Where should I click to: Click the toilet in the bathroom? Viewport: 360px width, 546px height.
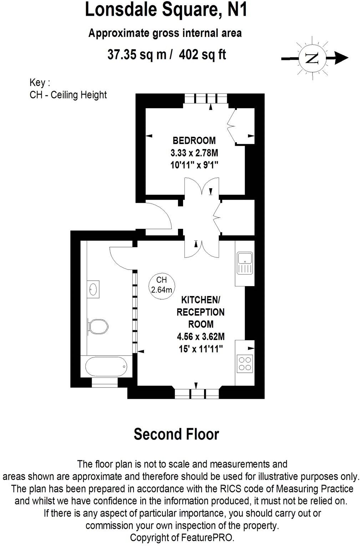click(98, 326)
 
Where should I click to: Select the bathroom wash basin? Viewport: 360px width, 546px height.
click(94, 289)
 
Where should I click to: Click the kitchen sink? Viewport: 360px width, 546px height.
click(244, 264)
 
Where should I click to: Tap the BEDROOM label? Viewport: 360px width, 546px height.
click(194, 140)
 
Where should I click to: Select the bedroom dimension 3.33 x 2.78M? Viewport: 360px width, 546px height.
click(194, 153)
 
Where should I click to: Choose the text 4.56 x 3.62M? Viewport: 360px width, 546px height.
click(201, 336)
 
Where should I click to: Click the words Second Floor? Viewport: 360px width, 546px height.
click(176, 434)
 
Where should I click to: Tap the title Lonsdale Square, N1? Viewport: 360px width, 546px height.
click(166, 10)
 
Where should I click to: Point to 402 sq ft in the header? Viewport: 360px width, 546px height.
click(203, 55)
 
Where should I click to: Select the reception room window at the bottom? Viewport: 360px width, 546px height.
click(197, 394)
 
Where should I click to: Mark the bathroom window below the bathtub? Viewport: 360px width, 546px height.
click(105, 382)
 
